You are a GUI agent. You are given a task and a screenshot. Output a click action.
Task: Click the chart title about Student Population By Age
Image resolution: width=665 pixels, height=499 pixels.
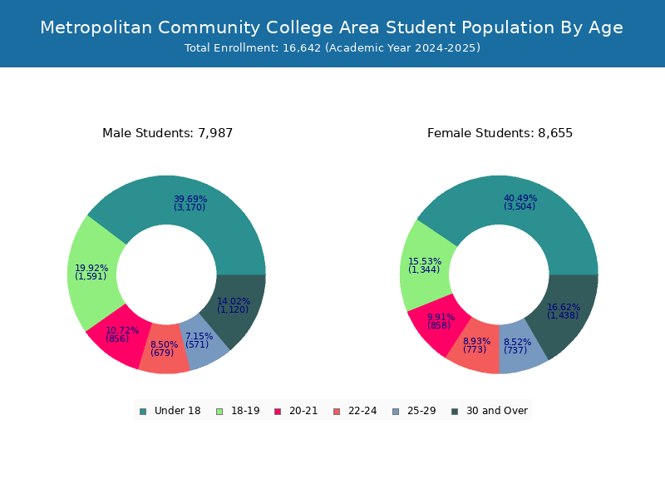[332, 27]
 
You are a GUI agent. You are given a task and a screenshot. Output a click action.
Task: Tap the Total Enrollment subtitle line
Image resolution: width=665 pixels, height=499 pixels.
[332, 48]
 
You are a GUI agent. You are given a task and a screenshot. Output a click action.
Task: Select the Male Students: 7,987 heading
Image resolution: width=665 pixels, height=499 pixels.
[168, 133]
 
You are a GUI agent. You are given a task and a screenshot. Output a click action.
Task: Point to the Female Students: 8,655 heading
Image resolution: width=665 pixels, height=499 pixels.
[500, 133]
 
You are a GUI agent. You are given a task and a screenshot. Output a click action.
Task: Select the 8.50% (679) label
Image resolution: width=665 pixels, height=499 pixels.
[164, 348]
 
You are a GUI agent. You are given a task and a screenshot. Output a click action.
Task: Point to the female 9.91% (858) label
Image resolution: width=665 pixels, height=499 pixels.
[441, 321]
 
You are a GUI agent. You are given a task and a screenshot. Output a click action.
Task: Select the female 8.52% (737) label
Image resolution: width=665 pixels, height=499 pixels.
[517, 346]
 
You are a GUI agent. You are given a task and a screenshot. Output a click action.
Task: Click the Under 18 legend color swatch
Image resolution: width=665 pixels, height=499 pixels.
[143, 412]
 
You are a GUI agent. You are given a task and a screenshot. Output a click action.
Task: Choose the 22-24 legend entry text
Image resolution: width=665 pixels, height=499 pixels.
[362, 411]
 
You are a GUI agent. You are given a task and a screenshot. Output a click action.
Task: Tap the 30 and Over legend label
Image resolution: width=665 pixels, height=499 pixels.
[497, 411]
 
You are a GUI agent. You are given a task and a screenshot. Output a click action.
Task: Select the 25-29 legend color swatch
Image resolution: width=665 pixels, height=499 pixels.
[396, 412]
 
